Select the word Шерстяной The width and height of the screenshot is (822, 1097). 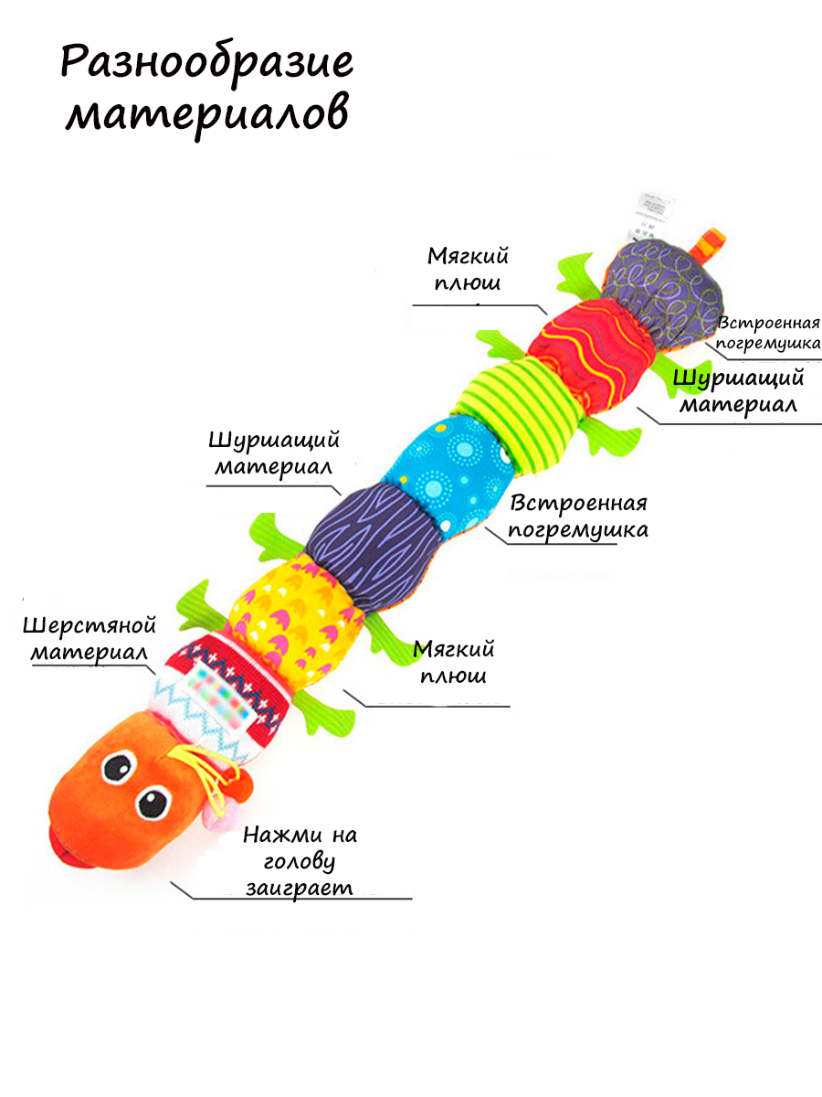(x=90, y=626)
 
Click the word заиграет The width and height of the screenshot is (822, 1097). (x=299, y=887)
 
